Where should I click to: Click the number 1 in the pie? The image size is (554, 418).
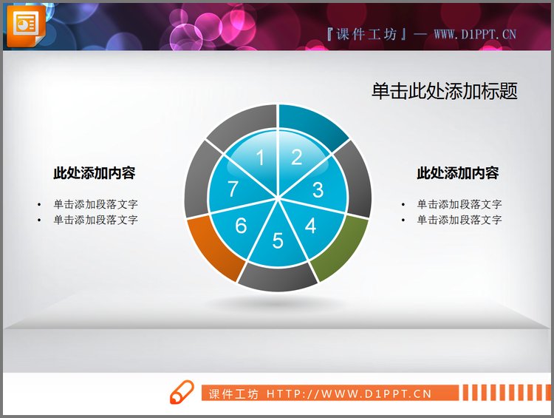pyautogui.click(x=259, y=157)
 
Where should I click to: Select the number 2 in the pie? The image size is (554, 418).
pyautogui.click(x=296, y=157)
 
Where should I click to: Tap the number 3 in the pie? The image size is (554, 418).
pyautogui.click(x=318, y=190)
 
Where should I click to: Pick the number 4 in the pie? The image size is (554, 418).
pyautogui.click(x=310, y=226)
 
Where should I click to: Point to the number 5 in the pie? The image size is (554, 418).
pyautogui.click(x=278, y=240)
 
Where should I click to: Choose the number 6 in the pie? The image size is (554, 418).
pyautogui.click(x=241, y=226)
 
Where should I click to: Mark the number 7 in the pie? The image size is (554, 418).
pyautogui.click(x=233, y=190)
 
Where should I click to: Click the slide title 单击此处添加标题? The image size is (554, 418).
pyautogui.click(x=444, y=91)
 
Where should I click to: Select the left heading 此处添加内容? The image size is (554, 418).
pyautogui.click(x=94, y=173)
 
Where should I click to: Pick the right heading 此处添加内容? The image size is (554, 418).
pyautogui.click(x=458, y=173)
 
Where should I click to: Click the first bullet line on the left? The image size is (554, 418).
pyautogui.click(x=95, y=204)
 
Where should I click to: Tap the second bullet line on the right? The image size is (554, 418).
pyautogui.click(x=459, y=220)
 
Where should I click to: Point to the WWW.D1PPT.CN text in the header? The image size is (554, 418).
pyautogui.click(x=474, y=33)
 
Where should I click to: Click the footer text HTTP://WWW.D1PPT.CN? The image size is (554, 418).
pyautogui.click(x=349, y=394)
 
